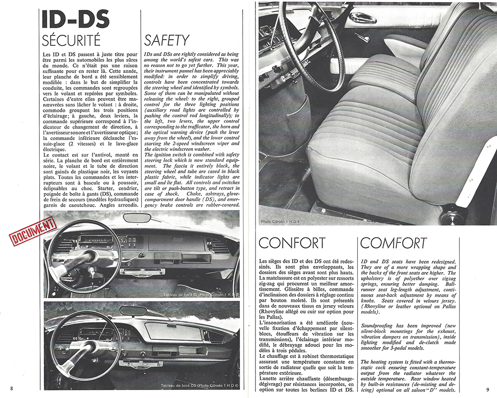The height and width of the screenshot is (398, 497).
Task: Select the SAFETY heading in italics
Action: (x=166, y=40)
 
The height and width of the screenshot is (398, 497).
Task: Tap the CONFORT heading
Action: (x=292, y=243)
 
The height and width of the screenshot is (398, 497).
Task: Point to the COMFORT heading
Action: (x=394, y=243)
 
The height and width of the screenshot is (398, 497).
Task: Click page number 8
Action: (x=11, y=387)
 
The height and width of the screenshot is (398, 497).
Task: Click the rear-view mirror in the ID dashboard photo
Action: (x=137, y=218)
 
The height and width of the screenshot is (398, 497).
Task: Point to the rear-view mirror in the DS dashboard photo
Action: (x=134, y=311)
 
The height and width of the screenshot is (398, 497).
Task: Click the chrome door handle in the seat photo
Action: (x=362, y=18)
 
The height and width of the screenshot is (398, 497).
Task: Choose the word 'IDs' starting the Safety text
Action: (x=148, y=53)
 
